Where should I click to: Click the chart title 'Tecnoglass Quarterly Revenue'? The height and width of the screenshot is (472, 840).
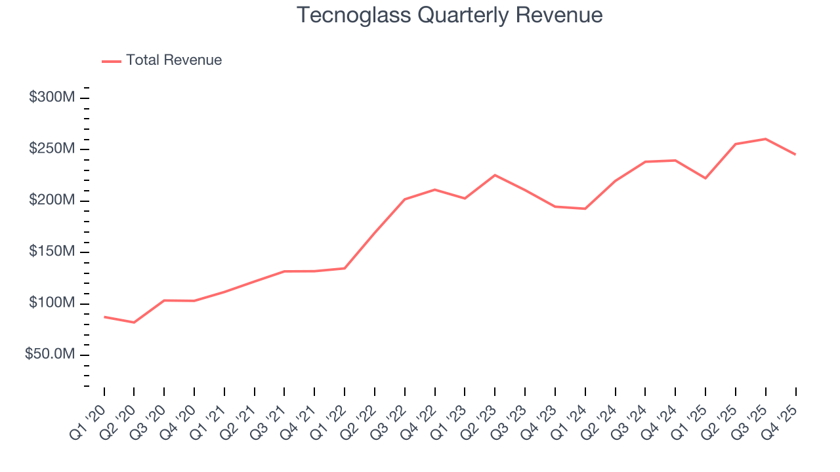coord(450,15)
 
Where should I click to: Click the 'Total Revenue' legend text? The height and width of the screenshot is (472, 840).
coord(174,60)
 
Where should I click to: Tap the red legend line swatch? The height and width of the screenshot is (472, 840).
coord(112,61)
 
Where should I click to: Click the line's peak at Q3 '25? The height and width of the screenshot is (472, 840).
coord(766,139)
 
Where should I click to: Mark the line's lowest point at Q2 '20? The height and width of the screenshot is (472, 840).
coord(134,323)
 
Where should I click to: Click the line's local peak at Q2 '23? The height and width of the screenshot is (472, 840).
coord(495,175)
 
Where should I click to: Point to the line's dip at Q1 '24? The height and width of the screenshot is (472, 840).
coord(585,208)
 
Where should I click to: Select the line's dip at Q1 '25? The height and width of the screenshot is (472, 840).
coord(705,178)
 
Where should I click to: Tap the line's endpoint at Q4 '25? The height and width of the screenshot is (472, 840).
coord(795,155)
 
